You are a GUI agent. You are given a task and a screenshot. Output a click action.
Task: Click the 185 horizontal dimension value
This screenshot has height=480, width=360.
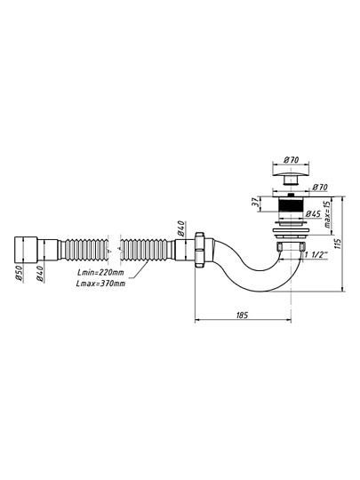pyautogui.click(x=242, y=315)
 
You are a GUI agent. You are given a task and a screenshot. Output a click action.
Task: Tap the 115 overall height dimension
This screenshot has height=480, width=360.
pyautogui.click(x=339, y=244)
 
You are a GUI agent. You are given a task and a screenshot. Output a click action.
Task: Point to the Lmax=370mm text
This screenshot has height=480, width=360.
pyautogui.click(x=100, y=284)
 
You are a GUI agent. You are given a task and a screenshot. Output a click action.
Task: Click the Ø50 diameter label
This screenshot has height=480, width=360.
pyautogui.click(x=19, y=273)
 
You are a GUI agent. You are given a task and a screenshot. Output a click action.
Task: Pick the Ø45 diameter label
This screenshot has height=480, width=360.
pyautogui.click(x=313, y=213)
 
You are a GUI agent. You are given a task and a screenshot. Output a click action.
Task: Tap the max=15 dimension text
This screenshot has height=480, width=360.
pyautogui.click(x=327, y=215)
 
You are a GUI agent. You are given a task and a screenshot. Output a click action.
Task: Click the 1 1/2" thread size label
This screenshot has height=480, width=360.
pyautogui.click(x=316, y=254)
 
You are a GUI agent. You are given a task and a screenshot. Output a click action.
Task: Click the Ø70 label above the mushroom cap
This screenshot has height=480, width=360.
pyautogui.click(x=292, y=159)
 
